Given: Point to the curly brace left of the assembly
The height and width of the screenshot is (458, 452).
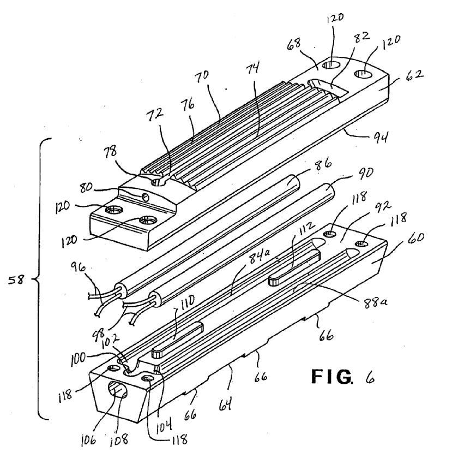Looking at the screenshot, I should [x=41, y=278].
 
